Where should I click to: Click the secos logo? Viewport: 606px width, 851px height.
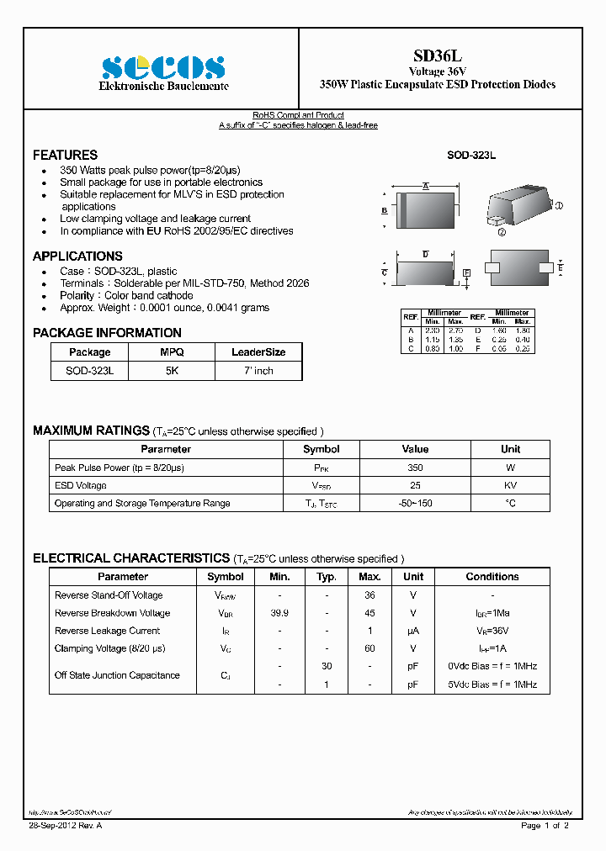163,67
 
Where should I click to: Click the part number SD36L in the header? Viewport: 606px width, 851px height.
438,55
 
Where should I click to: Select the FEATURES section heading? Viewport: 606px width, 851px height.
65,155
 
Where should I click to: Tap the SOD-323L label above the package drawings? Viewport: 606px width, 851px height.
470,156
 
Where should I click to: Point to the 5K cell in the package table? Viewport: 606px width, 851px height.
172,371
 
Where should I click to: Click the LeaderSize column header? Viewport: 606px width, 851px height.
258,352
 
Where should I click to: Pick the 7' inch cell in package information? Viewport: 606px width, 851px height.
258,371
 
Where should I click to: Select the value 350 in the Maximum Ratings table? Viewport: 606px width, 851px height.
415,468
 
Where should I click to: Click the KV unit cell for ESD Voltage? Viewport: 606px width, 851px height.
510,485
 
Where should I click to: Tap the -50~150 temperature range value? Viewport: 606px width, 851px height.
415,504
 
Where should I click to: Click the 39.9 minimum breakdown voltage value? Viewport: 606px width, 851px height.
279,613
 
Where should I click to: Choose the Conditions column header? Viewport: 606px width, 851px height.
492,577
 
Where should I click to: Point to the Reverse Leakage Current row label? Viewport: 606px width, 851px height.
107,631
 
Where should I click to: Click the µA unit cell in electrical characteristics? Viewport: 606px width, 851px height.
413,631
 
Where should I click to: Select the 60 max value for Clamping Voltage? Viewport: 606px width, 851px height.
369,648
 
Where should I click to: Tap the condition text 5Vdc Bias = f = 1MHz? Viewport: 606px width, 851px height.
492,684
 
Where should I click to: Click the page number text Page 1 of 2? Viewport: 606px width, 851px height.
545,826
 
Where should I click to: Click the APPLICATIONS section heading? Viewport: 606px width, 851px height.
77,256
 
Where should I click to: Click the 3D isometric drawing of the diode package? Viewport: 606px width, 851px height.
519,204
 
